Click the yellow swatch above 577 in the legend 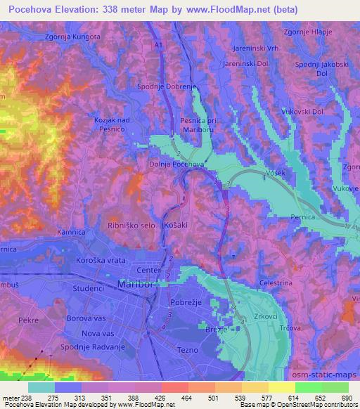click(x=255, y=387)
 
